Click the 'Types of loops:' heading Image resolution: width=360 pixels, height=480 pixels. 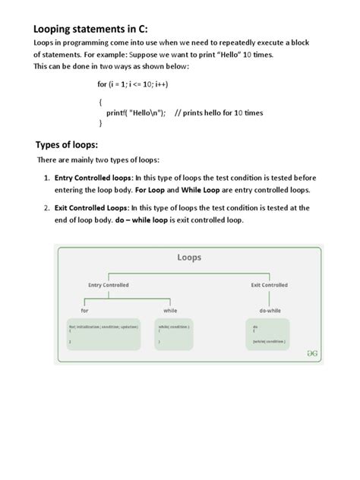coord(73,144)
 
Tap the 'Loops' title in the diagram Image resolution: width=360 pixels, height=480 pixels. coord(188,257)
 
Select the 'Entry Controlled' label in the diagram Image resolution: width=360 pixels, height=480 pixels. coord(109,285)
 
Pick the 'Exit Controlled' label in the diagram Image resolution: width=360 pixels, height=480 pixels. coord(270,285)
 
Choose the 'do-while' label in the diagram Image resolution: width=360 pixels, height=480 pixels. coord(270,311)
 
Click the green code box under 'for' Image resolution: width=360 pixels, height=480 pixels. coord(104,333)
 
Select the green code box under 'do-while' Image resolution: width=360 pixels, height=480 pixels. coord(269,333)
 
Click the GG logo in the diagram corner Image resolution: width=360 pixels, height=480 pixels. coord(311,353)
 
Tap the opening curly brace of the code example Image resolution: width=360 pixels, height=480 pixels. coord(100,101)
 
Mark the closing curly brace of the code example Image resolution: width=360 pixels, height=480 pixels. coord(100,123)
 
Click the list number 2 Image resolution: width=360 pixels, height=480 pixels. coord(46,207)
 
